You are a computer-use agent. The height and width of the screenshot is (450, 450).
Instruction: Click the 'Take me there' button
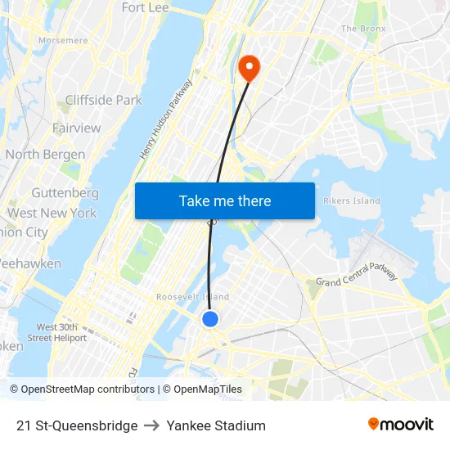tap(224, 201)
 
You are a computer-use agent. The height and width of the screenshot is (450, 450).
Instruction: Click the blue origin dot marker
tap(210, 319)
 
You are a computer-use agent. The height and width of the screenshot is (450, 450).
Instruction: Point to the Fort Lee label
tap(145, 7)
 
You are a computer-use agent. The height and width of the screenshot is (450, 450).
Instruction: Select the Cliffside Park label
tap(104, 100)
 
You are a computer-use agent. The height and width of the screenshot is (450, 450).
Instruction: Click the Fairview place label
tap(77, 128)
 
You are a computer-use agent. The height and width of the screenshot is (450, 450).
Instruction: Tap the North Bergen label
tap(45, 154)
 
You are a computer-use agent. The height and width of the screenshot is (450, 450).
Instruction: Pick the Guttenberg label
tap(65, 193)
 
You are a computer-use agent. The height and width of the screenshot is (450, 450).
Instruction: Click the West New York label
tap(52, 213)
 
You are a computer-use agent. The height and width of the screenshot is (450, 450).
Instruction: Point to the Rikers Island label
tap(352, 200)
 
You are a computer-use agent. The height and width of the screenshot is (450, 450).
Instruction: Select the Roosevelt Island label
tap(192, 297)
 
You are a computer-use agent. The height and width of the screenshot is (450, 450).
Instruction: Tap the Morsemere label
tap(63, 39)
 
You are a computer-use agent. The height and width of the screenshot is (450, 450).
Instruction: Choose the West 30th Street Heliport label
tap(56, 332)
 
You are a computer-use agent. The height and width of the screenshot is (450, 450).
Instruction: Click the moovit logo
tap(401, 425)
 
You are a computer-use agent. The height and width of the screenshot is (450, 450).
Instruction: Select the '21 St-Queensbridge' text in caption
tap(77, 425)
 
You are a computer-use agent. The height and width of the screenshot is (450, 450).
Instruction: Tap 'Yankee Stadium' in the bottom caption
tap(216, 425)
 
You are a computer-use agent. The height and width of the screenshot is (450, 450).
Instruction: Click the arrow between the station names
tap(152, 425)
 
